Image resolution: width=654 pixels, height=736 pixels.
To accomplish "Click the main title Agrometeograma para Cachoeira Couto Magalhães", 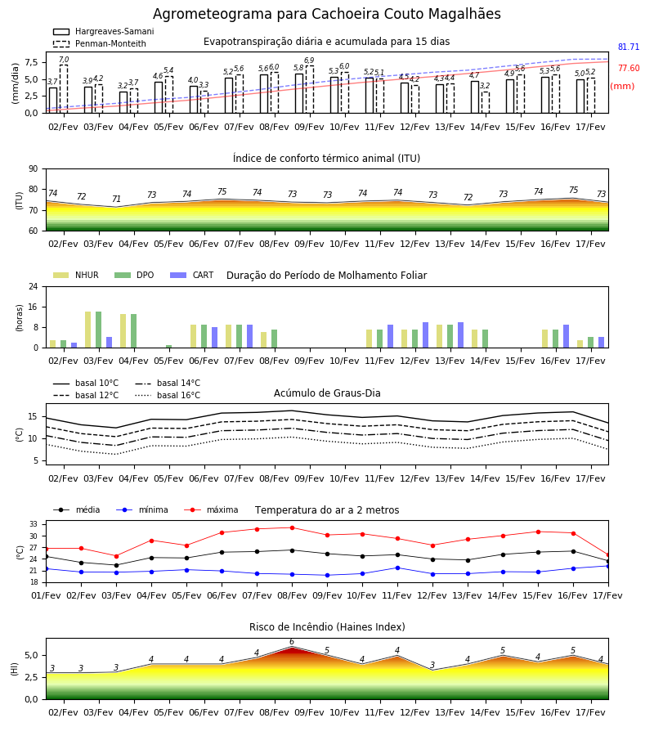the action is (x=326, y=14).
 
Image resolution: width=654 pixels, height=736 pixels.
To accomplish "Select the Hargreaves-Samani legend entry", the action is (x=103, y=31).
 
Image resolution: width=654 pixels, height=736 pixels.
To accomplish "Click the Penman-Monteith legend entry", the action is (x=100, y=43).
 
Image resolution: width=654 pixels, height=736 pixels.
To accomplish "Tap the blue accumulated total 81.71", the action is (x=629, y=47).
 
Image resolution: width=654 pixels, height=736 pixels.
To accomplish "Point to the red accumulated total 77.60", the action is (x=629, y=68).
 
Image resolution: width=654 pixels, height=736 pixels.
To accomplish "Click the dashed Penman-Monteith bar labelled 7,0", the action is (x=63, y=88).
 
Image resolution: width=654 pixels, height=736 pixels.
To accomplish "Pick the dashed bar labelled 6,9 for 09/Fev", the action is (x=310, y=89).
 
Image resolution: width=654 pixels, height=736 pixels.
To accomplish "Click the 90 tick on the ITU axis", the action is (x=34, y=169).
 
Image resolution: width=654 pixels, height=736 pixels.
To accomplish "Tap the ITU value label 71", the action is (x=116, y=199).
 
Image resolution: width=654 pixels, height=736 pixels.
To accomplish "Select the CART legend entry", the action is (x=192, y=275).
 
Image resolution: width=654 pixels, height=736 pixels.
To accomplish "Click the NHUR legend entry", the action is (x=76, y=275).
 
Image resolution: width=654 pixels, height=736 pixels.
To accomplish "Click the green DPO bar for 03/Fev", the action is (x=99, y=330).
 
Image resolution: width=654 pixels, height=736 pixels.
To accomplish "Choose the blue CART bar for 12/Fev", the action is (x=426, y=335).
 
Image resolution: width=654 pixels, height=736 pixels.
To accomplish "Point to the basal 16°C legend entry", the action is (x=168, y=395).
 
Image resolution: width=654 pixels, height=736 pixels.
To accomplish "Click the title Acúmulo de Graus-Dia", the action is (x=327, y=393).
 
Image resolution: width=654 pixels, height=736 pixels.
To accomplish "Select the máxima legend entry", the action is (x=211, y=509).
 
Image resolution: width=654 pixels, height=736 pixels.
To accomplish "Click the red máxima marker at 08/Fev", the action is (x=293, y=527).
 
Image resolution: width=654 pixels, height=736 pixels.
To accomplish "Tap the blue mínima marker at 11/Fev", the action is (x=398, y=568).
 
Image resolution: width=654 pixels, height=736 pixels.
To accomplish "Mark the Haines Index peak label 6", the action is (x=292, y=642).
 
